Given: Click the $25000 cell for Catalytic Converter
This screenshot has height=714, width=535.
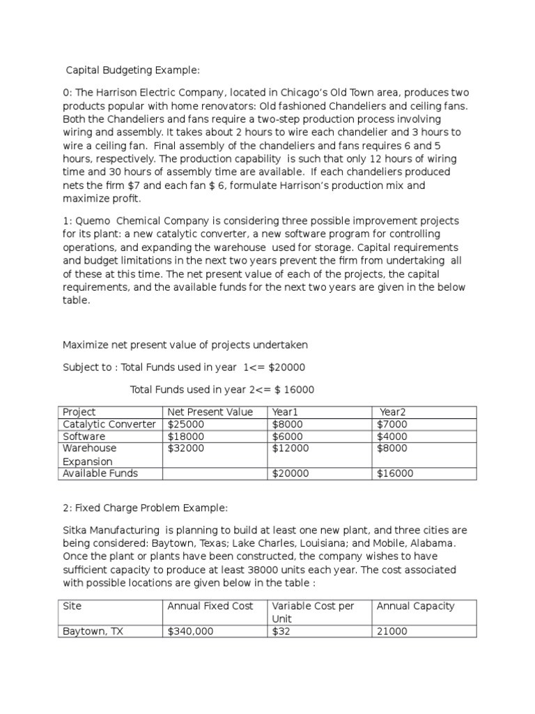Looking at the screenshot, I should [186, 424].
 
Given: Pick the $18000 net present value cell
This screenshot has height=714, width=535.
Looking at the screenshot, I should [186, 436].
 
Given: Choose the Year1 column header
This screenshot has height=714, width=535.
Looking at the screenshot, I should [286, 412].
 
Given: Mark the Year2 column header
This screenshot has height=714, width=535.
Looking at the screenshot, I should [392, 412].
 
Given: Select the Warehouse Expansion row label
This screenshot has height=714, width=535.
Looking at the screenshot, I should [90, 455].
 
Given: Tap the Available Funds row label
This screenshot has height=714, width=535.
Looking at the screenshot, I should [100, 473].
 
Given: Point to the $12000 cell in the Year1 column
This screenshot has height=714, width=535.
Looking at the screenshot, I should [290, 448].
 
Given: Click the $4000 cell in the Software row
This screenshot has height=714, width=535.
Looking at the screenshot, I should [392, 436].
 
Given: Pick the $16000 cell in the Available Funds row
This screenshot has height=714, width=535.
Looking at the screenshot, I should [395, 473].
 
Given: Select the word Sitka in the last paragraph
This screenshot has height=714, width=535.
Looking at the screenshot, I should [76, 529].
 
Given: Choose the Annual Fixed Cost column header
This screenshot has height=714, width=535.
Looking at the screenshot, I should [210, 606].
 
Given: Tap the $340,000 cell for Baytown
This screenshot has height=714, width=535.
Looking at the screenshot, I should [190, 631].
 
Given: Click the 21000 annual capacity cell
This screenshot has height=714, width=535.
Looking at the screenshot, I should [392, 631].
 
